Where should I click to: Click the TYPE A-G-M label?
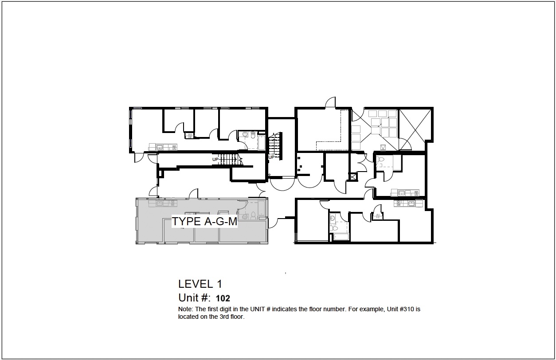pos(204,221)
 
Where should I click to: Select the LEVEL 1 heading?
pos(200,284)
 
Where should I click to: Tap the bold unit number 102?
pos(223,298)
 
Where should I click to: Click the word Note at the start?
pos(185,309)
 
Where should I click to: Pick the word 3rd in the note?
pos(223,317)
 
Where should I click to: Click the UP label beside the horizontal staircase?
pos(215,160)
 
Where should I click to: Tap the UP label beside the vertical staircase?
pos(271,157)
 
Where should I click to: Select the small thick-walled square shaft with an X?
pos(353,176)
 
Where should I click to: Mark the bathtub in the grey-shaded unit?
pos(261,208)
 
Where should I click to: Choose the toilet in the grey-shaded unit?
pos(253,215)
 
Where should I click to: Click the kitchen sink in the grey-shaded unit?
pos(159,204)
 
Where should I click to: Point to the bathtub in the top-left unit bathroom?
pos(261,143)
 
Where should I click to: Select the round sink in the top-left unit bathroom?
pos(245,134)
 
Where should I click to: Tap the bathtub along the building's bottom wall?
pos(341,237)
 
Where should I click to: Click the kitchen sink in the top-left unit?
pos(159,147)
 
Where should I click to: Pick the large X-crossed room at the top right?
pos(415,129)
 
